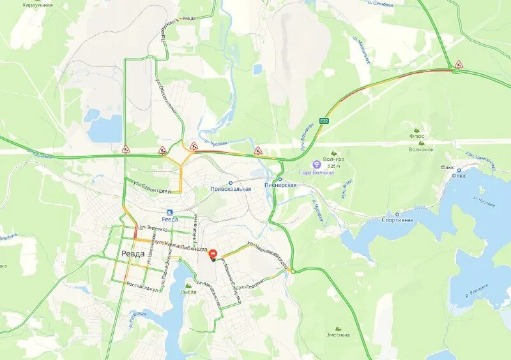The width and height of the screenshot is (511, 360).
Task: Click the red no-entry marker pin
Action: click(x=213, y=254)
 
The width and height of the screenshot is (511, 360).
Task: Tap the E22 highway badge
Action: click(x=324, y=121)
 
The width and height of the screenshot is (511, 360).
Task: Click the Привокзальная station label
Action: click(x=231, y=189)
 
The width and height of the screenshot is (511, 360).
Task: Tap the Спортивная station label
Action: click(x=397, y=220)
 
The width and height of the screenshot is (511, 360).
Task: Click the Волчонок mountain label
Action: click(x=421, y=149)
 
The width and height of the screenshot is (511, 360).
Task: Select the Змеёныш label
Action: click(x=339, y=334)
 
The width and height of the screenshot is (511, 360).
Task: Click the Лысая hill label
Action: click(x=188, y=292)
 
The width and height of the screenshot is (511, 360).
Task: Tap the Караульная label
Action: click(x=37, y=4)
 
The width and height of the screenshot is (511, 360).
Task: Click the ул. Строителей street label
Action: click(x=151, y=187)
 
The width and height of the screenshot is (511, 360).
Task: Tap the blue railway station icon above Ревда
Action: click(x=169, y=212)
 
